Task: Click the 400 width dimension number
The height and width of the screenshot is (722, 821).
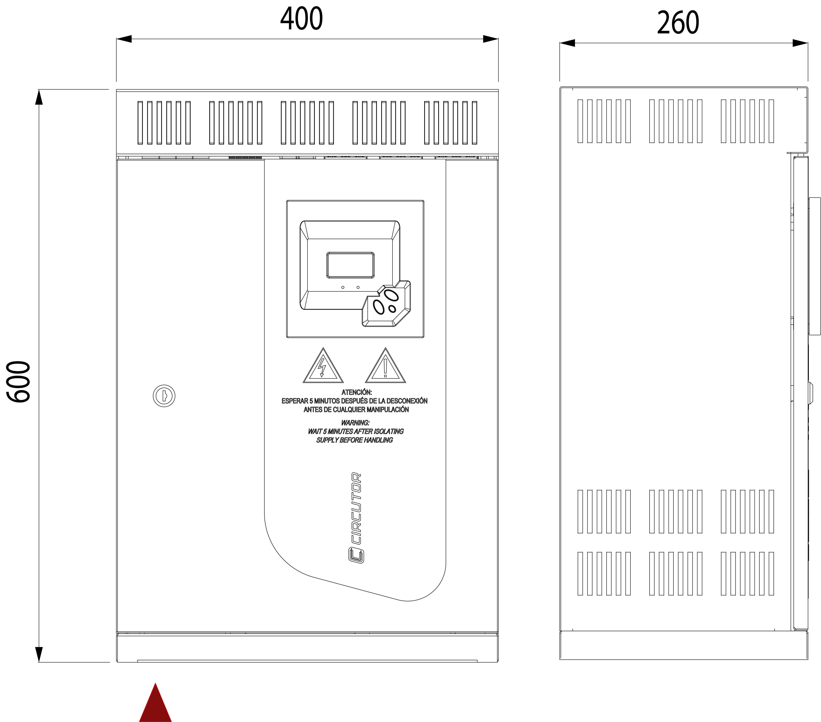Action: click(301, 19)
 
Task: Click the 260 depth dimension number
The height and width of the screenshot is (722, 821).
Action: click(678, 23)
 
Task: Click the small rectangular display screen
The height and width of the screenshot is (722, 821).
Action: click(350, 265)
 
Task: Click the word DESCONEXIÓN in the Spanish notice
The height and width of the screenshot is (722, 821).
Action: click(407, 401)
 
